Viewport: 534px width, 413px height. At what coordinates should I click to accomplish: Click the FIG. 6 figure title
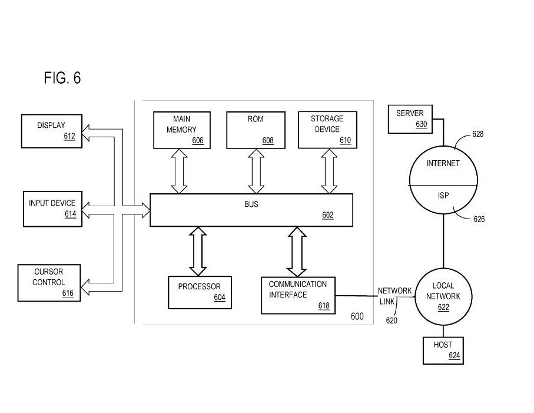[62, 78]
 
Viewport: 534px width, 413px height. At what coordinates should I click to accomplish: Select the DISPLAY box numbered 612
[51, 131]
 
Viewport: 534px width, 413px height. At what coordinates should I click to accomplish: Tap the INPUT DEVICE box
[52, 209]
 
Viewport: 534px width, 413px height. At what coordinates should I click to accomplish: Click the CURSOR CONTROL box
[49, 282]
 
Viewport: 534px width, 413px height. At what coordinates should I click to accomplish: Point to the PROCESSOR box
[199, 292]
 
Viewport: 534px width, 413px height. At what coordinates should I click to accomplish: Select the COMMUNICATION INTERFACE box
[298, 295]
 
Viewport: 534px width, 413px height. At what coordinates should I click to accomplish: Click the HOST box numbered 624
[443, 350]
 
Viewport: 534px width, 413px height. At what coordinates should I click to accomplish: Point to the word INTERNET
[443, 163]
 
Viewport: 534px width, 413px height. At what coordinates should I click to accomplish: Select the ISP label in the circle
[443, 196]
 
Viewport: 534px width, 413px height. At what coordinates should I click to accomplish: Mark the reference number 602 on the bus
[328, 216]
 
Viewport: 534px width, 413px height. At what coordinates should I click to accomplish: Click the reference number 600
[357, 316]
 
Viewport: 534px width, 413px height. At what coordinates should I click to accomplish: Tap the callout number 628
[478, 134]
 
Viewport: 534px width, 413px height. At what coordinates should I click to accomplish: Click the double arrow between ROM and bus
[255, 171]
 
